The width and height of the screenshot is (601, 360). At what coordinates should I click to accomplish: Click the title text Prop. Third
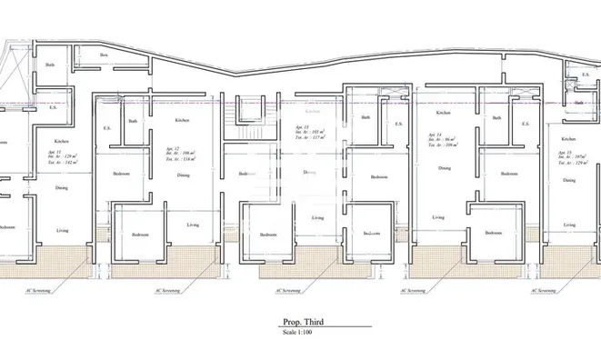click(x=301, y=322)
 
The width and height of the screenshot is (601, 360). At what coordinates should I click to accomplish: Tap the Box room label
click(x=105, y=56)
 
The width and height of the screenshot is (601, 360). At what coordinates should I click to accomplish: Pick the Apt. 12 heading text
click(x=173, y=146)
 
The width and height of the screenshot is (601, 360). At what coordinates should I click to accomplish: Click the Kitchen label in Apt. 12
click(x=182, y=120)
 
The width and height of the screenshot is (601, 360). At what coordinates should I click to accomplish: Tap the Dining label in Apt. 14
click(x=445, y=168)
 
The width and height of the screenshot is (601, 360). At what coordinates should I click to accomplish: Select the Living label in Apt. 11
click(x=62, y=230)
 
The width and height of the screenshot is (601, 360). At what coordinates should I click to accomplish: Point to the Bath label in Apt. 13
click(x=366, y=117)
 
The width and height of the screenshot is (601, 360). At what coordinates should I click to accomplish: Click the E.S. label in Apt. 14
click(x=524, y=125)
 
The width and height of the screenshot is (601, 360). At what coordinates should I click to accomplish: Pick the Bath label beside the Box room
click(x=51, y=65)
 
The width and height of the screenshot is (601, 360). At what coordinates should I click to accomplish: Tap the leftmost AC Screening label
click(x=35, y=292)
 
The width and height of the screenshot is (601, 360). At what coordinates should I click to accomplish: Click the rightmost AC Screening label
click(x=543, y=292)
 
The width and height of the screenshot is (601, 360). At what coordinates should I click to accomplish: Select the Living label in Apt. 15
click(x=570, y=225)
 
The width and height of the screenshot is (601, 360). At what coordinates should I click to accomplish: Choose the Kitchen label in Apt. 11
click(x=61, y=141)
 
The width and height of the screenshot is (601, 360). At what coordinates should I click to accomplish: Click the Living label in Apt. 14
click(x=438, y=217)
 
